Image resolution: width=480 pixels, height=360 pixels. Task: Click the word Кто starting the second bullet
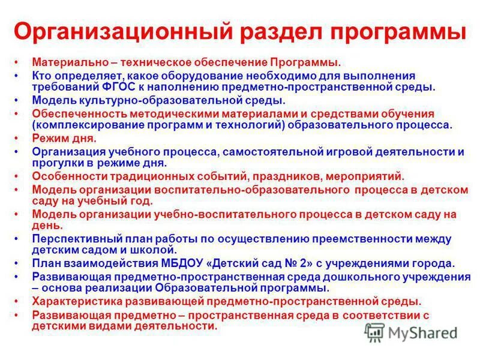tap(41, 76)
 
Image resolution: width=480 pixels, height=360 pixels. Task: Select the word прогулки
tap(55, 163)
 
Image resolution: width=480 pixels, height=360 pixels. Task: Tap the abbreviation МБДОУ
tap(168, 263)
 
